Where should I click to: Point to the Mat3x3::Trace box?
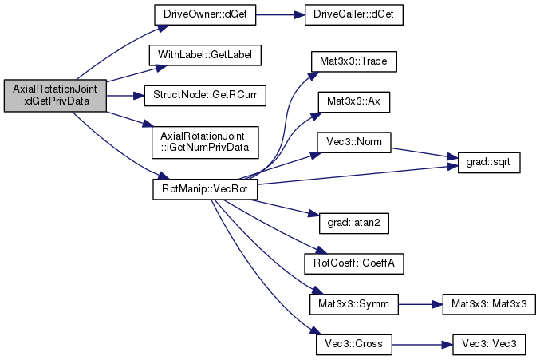pyautogui.click(x=347, y=60)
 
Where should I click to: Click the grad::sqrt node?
pyautogui.click(x=483, y=164)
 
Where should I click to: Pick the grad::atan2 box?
pyautogui.click(x=348, y=225)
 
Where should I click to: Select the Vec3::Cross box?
pyautogui.click(x=347, y=343)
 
